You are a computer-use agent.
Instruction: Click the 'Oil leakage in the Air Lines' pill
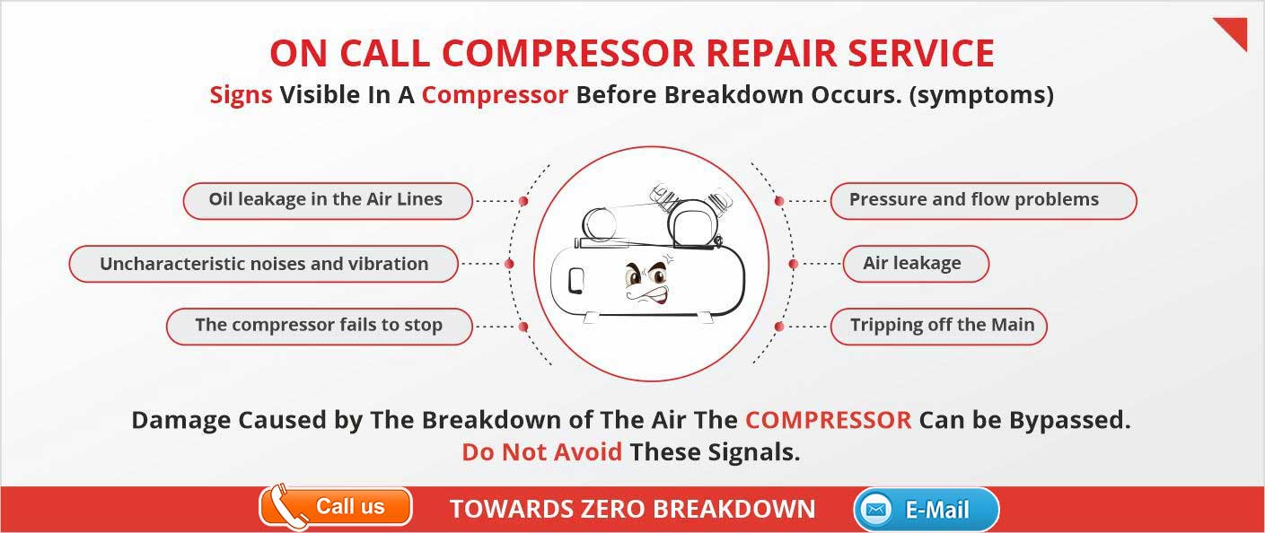(x=328, y=201)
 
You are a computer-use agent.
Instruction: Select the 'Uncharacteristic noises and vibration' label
(x=263, y=264)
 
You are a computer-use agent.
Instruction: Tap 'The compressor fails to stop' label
(x=319, y=327)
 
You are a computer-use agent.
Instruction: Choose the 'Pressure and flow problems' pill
(x=983, y=201)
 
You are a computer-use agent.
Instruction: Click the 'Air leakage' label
(x=916, y=264)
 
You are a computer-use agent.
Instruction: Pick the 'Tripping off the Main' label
(x=938, y=327)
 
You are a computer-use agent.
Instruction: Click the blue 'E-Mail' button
(x=927, y=510)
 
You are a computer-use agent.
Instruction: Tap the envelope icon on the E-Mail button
(x=875, y=510)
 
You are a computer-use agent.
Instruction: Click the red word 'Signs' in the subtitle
(x=242, y=95)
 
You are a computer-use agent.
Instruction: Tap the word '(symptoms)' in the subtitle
(x=981, y=95)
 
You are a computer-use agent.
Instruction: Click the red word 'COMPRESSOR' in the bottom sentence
(x=829, y=420)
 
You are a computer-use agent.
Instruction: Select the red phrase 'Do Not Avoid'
(x=542, y=452)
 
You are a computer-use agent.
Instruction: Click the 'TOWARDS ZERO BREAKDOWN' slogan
(x=632, y=510)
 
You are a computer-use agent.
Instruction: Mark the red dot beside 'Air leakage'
(x=794, y=264)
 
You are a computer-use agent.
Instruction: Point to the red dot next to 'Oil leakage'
(x=523, y=201)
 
